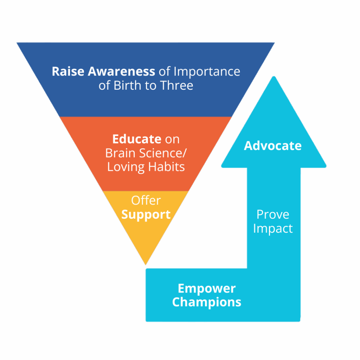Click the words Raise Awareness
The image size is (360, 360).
103,71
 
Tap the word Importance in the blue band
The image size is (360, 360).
207,71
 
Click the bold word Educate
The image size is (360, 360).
136,139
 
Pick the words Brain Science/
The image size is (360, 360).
146,153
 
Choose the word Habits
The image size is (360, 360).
167,167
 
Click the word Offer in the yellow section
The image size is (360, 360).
146,200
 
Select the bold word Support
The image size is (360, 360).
146,214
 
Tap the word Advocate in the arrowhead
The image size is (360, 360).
273,146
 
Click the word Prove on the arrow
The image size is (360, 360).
273,214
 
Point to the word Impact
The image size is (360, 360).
273,229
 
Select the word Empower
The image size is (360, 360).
206,289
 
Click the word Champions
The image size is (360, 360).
206,302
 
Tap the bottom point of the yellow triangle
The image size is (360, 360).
145,264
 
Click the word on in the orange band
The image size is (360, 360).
172,139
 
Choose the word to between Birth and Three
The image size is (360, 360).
150,86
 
